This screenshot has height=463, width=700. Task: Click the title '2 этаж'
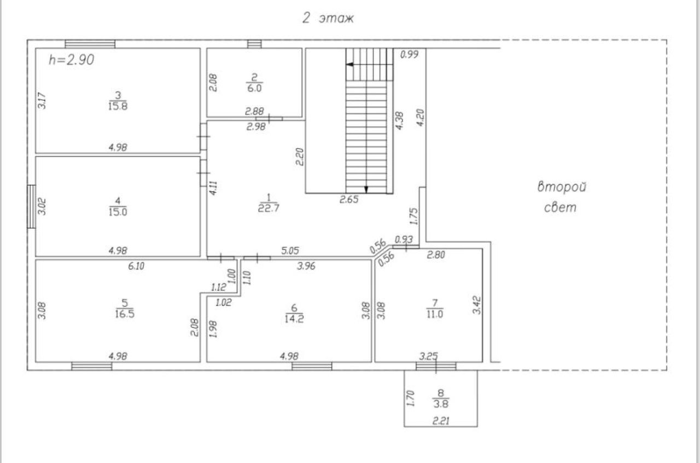(x=329, y=18)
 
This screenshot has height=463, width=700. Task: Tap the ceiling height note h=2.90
(x=71, y=60)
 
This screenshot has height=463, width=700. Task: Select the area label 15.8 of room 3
(x=118, y=107)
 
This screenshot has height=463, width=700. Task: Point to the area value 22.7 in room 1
(x=269, y=207)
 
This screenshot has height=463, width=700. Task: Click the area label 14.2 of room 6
(x=294, y=319)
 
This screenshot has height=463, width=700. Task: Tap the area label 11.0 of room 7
(x=435, y=314)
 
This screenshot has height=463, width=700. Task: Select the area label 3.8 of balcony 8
(x=441, y=403)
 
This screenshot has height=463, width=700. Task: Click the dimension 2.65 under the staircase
(x=349, y=200)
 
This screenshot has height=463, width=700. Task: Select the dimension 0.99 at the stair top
(x=409, y=54)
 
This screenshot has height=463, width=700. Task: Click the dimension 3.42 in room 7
(x=477, y=304)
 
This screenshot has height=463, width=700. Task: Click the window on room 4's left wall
(x=32, y=206)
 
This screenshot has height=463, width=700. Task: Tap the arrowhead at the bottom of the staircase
(x=366, y=189)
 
